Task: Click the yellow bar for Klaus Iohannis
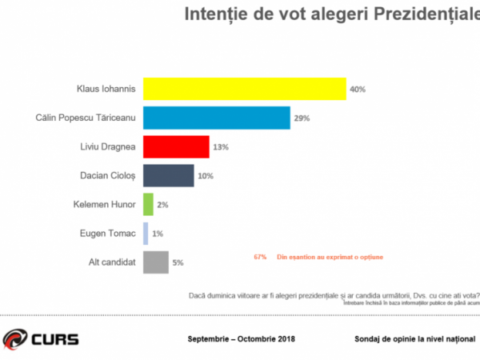(x=244, y=88)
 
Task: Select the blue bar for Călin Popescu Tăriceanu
(x=216, y=118)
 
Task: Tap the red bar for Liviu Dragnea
(x=176, y=146)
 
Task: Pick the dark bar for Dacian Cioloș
(x=168, y=175)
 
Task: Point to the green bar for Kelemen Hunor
(x=148, y=205)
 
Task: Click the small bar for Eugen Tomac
(x=146, y=234)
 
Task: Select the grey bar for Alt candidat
(x=155, y=262)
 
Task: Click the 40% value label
(x=358, y=89)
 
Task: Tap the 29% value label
(x=302, y=118)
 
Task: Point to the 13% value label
(x=221, y=147)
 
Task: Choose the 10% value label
(x=205, y=176)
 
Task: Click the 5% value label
(x=178, y=263)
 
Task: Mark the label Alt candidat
(x=112, y=262)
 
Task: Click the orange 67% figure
(x=260, y=257)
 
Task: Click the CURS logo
(x=41, y=338)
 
